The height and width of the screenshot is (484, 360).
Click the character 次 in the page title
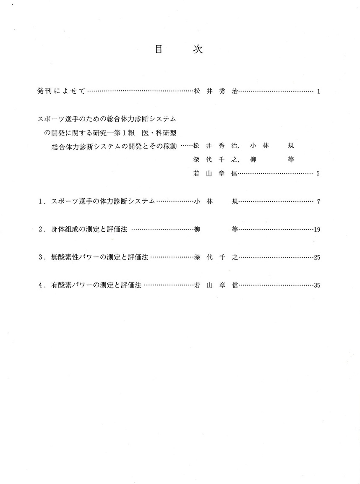[x=198, y=49]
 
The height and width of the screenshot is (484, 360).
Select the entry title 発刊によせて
[x=61, y=91]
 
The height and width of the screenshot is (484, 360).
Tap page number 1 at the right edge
[x=318, y=91]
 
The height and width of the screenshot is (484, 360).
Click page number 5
[x=318, y=173]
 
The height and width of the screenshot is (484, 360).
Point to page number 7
[x=318, y=202]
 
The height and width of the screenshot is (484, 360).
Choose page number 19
[x=317, y=230]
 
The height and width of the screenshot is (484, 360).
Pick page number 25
[x=317, y=257]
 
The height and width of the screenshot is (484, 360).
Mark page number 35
[x=317, y=285]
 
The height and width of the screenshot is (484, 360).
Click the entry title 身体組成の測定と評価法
[x=89, y=229]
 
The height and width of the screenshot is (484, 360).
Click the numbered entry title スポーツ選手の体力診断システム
[x=103, y=201]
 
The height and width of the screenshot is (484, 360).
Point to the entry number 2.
[x=41, y=229]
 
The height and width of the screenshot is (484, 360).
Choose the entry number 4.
[x=41, y=285]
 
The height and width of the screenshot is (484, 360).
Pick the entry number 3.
[x=41, y=257]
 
